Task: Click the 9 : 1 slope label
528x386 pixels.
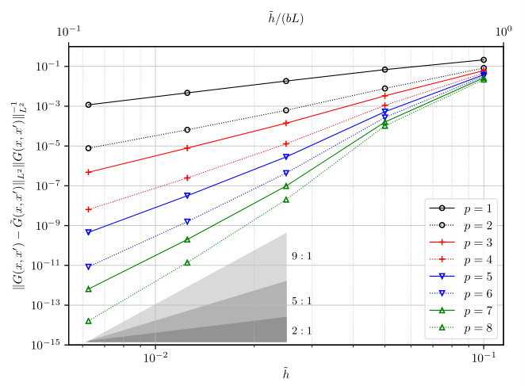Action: click(301, 256)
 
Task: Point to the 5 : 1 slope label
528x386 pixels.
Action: click(301, 301)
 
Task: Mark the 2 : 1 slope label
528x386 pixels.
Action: click(301, 331)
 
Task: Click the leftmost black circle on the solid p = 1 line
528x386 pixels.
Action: click(89, 105)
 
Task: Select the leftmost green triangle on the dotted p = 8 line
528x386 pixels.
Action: click(89, 321)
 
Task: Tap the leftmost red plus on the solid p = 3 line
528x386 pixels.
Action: click(89, 172)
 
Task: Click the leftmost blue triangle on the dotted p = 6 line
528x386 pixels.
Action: click(89, 266)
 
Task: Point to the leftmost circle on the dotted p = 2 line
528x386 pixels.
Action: click(89, 148)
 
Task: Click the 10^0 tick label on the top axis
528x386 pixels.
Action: click(503, 32)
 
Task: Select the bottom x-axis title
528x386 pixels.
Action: click(285, 373)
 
